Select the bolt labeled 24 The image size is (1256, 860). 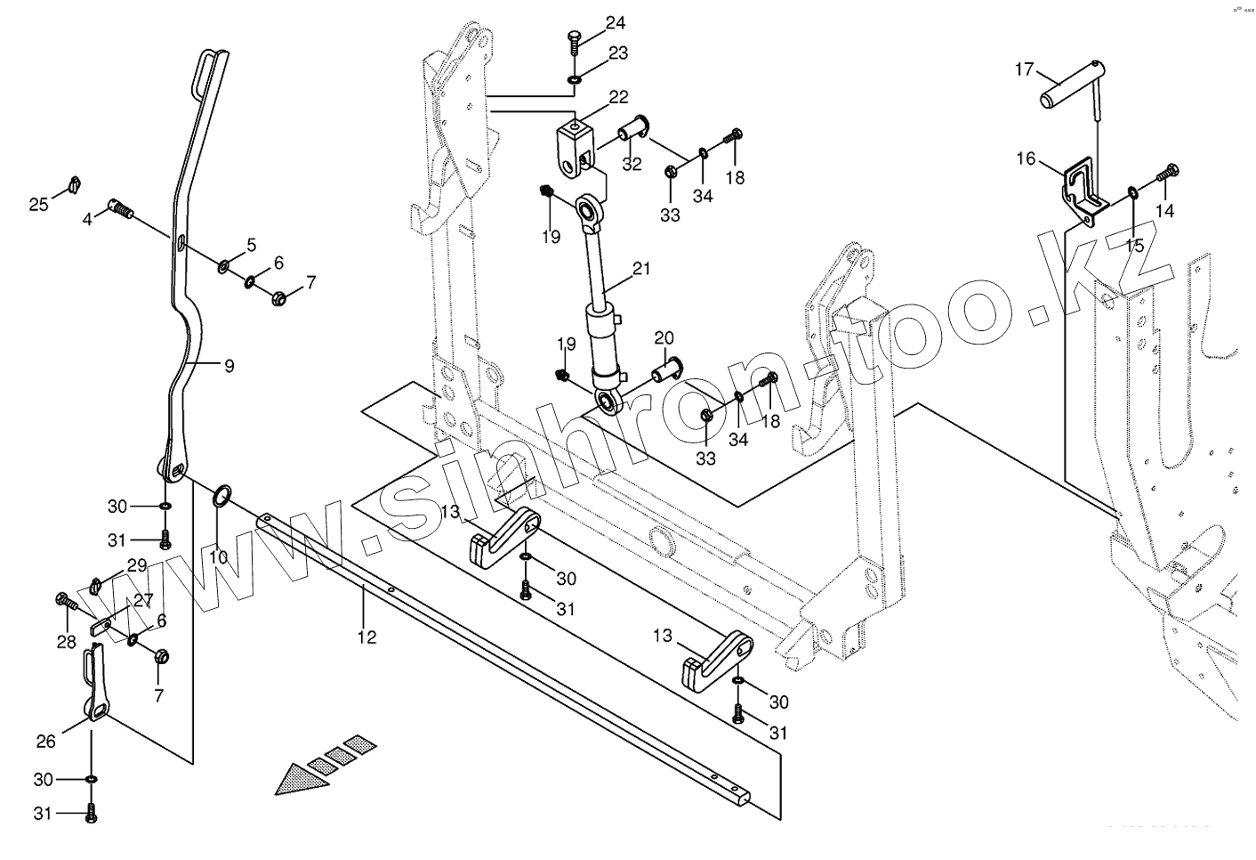(574, 41)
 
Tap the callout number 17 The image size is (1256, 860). (1024, 69)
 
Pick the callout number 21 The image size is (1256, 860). (641, 268)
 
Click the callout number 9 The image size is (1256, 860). (229, 365)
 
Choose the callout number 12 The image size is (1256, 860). (366, 637)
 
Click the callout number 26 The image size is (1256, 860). (45, 741)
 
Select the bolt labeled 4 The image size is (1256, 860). (123, 210)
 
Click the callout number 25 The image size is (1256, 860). (38, 205)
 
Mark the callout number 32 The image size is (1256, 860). (631, 164)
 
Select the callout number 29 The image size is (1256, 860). (136, 565)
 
